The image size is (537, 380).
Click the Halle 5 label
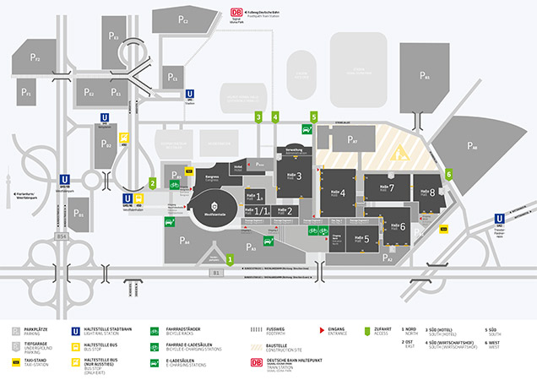coord(361,240)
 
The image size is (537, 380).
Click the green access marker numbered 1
coord(231,258)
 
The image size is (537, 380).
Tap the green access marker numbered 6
coord(449,174)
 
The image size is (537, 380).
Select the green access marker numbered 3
coord(258,117)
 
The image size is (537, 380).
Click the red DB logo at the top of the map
coord(235,12)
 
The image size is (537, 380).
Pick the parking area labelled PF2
coord(36,58)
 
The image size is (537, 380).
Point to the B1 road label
coord(216,274)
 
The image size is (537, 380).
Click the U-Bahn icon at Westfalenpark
coord(64,179)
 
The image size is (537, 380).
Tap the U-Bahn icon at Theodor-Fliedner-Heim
coord(499,218)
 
